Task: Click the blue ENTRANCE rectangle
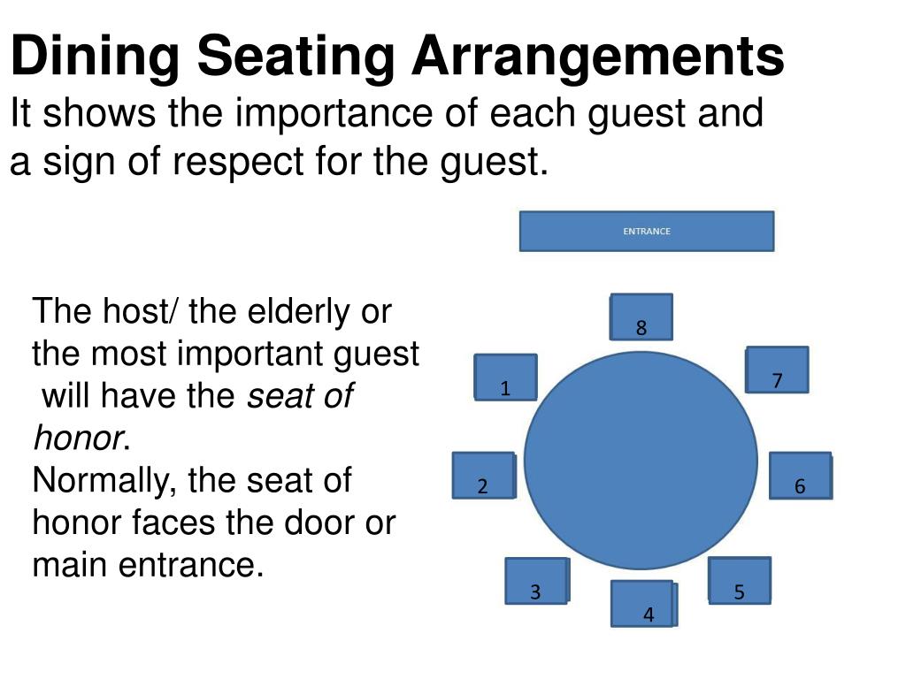coord(646,231)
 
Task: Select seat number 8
coord(641,317)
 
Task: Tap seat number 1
coord(505,378)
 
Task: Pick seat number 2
coord(483,476)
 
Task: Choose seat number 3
coord(536,582)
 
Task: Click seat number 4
coord(644,605)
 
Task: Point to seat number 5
coord(740,581)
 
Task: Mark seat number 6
coord(800,476)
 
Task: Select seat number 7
coord(777,370)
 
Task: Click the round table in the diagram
coord(641,460)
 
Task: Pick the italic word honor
coord(75,439)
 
